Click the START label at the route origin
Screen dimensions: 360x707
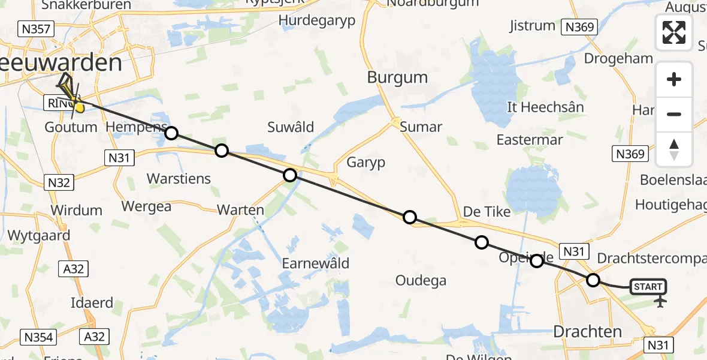point(648,287)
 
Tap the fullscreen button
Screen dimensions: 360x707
point(674,32)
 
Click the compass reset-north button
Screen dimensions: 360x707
point(674,149)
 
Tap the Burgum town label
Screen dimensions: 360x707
point(397,77)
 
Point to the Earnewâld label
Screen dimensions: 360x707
point(315,263)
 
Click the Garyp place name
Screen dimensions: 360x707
point(365,163)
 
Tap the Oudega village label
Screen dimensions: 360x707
point(421,280)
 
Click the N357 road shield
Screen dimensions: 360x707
point(36,29)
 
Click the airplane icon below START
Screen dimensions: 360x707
point(660,301)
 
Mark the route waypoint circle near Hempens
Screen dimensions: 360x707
point(171,133)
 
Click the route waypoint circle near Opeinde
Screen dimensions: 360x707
point(537,260)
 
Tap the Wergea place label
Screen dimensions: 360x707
point(146,206)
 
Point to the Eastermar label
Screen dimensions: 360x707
point(530,140)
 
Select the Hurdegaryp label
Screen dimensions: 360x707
point(317,20)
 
